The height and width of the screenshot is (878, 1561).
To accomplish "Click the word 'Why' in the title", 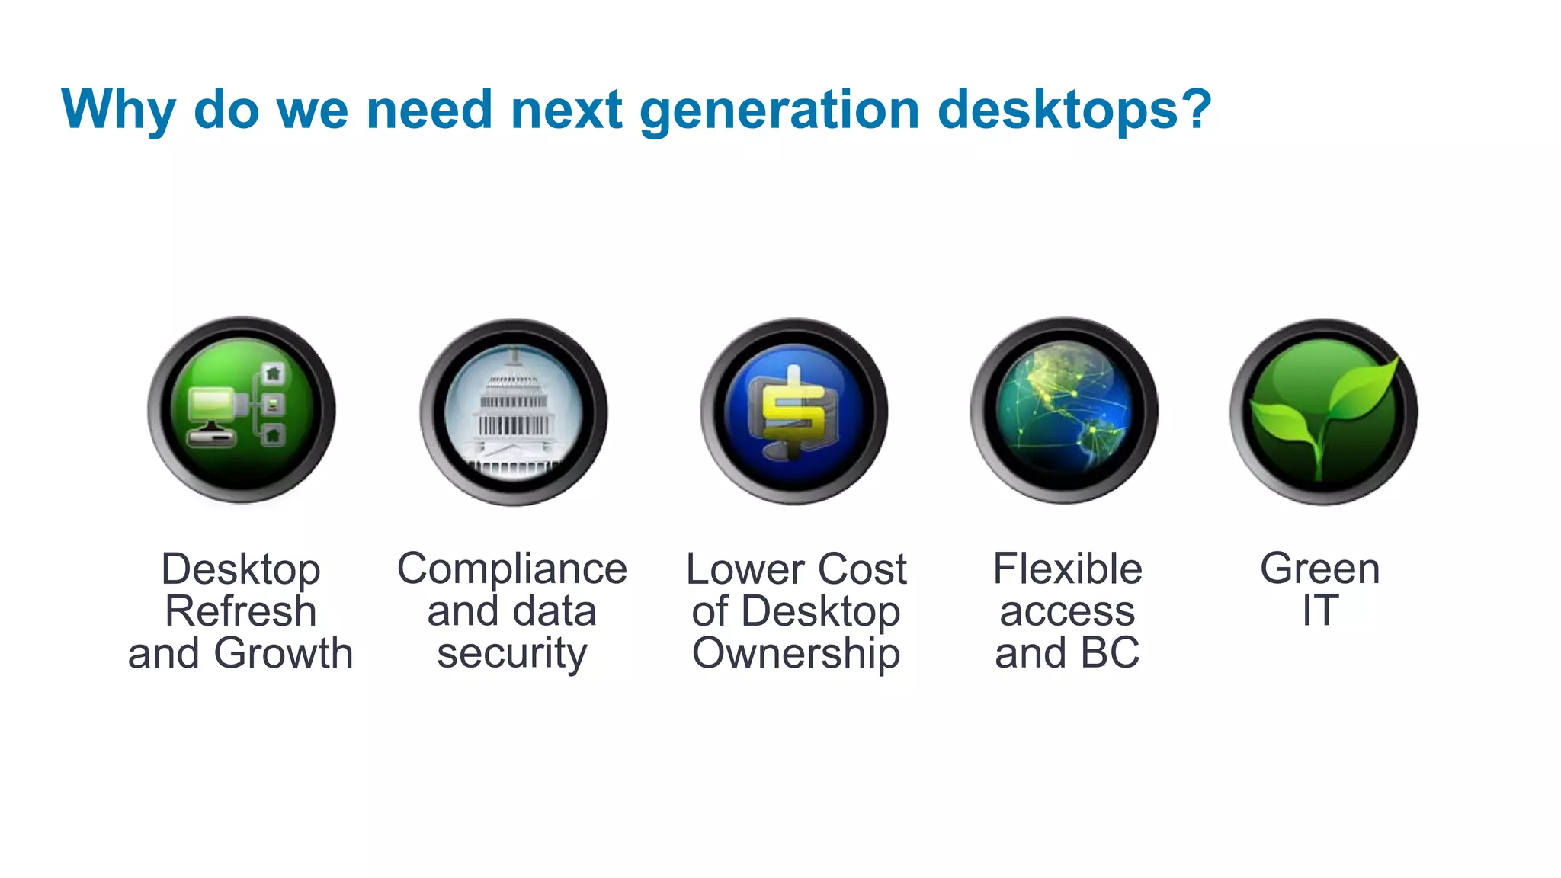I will [x=118, y=111].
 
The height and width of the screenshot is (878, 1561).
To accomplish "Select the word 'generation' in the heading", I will [x=779, y=111].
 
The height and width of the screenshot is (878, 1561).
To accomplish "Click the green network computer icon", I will [x=242, y=411].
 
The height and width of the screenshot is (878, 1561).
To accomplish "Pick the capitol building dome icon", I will [x=514, y=412].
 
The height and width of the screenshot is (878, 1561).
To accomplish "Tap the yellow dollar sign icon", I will [x=794, y=412].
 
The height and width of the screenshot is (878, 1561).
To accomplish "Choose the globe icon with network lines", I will [x=1064, y=411].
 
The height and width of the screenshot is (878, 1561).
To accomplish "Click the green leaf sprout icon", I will [x=1324, y=412].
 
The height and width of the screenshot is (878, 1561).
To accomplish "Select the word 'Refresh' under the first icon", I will [x=241, y=611].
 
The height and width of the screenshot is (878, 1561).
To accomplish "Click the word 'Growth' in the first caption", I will [x=284, y=653].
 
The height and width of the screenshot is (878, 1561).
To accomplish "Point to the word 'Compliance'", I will [x=512, y=569].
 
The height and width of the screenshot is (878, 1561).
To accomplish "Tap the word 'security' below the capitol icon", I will [x=512, y=654].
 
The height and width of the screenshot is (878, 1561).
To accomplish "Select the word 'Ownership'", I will [x=796, y=654].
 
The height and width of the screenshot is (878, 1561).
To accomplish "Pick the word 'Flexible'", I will [x=1067, y=569].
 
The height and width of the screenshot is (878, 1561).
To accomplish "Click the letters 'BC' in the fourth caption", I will [x=1110, y=653].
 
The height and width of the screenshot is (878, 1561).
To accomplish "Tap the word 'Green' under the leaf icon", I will [x=1320, y=569].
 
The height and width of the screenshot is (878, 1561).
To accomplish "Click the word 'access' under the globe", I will [x=1067, y=611].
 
